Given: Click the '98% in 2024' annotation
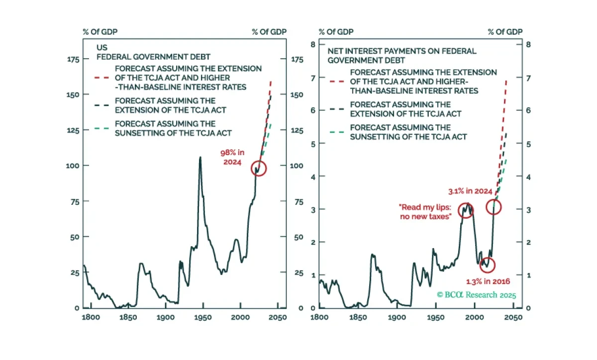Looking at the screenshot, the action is tap(232, 157).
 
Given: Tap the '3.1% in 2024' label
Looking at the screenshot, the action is tap(470, 191).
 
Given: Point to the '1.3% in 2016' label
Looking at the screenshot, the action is tap(488, 281).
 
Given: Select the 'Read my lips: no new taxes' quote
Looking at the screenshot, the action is tap(425, 212).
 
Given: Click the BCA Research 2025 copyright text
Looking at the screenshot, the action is tap(477, 295).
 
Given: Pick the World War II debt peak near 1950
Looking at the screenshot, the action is tap(200, 158).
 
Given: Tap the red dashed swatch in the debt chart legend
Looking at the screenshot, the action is tap(102, 78).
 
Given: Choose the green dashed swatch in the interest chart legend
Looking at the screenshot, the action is tap(337, 132).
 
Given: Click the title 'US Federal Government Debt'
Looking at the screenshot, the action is tap(153, 52).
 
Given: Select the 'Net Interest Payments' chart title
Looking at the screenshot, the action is tap(402, 56).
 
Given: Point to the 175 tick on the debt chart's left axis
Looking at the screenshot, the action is tap(73, 60).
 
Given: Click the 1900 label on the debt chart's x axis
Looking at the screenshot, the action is tap(166, 317).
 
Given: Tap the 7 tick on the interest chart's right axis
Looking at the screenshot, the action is tap(528, 79).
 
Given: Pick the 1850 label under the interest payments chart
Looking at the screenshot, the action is tap(358, 317).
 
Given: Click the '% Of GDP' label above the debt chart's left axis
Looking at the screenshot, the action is tap(100, 32).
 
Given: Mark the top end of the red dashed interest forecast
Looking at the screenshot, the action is tap(506, 81).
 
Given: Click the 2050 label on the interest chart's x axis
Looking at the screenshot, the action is tap(513, 317).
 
